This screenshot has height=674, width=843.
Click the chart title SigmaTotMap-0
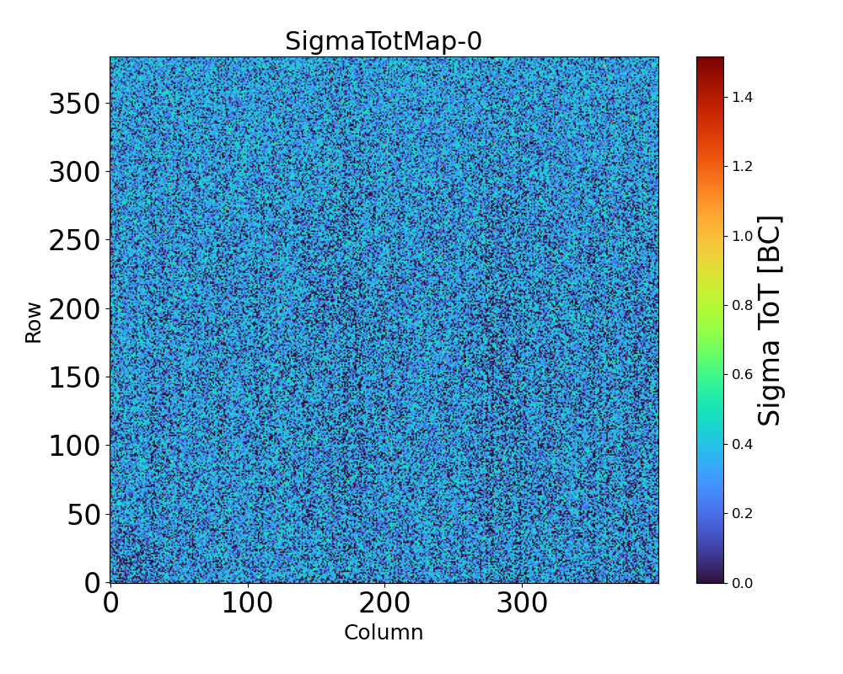pyautogui.click(x=384, y=41)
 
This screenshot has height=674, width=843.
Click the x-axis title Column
pyautogui.click(x=384, y=633)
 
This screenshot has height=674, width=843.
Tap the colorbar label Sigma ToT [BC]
pyautogui.click(x=770, y=320)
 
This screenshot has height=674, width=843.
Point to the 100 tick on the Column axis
pyautogui.click(x=247, y=603)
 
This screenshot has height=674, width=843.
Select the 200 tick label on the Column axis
pyautogui.click(x=384, y=603)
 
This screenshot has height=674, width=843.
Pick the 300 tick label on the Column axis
pyautogui.click(x=522, y=603)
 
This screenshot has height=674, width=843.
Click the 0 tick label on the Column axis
pyautogui.click(x=110, y=603)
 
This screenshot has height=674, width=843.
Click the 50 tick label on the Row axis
pyautogui.click(x=83, y=514)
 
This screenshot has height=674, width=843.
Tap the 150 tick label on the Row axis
pyautogui.click(x=74, y=377)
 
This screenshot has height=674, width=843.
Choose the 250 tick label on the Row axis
pyautogui.click(x=74, y=241)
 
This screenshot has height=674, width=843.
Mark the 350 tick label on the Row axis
pyautogui.click(x=74, y=104)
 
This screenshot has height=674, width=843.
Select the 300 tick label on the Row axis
pyautogui.click(x=74, y=173)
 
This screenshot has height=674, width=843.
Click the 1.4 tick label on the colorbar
pyautogui.click(x=742, y=98)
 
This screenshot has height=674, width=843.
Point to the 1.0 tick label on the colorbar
pyautogui.click(x=742, y=236)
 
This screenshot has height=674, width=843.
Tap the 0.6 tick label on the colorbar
pyautogui.click(x=742, y=375)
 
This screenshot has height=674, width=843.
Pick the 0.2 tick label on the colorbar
pyautogui.click(x=742, y=513)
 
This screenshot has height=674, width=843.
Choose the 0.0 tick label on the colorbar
pyautogui.click(x=742, y=583)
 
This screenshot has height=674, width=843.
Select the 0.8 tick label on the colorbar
pyautogui.click(x=742, y=306)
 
